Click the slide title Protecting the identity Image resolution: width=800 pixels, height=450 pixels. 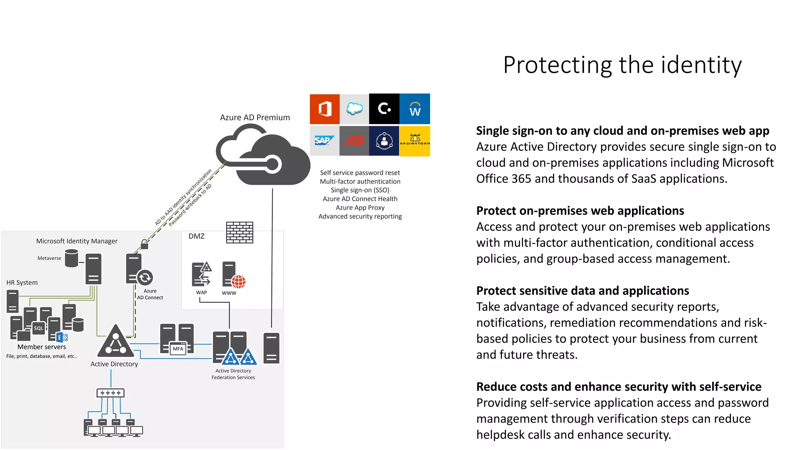pos(622,65)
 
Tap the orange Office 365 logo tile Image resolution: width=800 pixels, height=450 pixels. pos(325,109)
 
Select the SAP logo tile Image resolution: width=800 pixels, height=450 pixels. pos(324,141)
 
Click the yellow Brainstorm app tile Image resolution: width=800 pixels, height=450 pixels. pos(414,141)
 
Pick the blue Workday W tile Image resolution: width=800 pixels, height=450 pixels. pos(414,109)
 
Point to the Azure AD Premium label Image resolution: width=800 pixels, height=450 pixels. pos(255,117)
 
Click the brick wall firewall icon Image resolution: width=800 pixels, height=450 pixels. pos(239,232)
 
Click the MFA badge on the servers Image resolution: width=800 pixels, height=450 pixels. pos(178,348)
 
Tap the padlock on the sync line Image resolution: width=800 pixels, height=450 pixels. pos(145,245)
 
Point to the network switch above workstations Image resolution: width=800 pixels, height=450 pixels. pos(111,393)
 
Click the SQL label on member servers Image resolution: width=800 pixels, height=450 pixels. pos(38,328)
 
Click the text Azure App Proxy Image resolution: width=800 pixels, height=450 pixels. pos(360,207)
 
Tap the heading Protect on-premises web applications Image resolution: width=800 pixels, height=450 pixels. pos(580,211)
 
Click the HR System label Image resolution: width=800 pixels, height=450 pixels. pos(22,282)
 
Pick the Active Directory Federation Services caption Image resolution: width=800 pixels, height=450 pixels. pos(233,374)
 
